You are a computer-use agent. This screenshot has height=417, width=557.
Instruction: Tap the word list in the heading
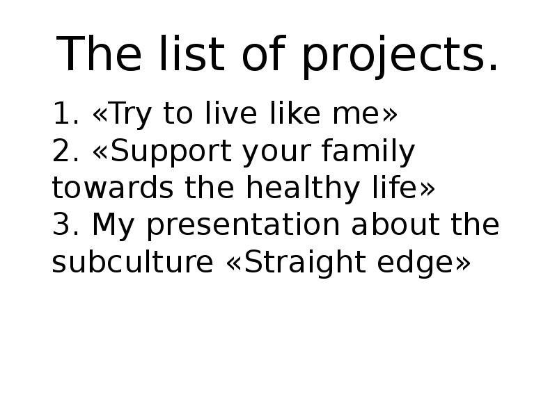pyautogui.click(x=192, y=54)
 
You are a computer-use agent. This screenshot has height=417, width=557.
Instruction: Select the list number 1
pyautogui.click(x=65, y=113)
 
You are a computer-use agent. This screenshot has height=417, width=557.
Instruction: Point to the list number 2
pyautogui.click(x=65, y=150)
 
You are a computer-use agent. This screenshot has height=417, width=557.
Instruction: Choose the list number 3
pyautogui.click(x=65, y=224)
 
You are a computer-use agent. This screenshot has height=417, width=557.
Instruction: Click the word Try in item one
pyautogui.click(x=131, y=115)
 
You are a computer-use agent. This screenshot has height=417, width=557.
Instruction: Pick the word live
pyautogui.click(x=231, y=113)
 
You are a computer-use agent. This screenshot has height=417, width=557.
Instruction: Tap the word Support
pyautogui.click(x=171, y=152)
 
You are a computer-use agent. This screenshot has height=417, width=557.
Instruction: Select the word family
pyautogui.click(x=368, y=152)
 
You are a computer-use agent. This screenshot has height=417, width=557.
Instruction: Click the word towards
pyautogui.click(x=113, y=187)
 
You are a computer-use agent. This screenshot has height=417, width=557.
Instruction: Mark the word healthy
pyautogui.click(x=303, y=189)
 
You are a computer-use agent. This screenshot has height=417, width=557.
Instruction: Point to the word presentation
pyautogui.click(x=243, y=227)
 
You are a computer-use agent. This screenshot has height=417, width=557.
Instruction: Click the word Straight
pyautogui.click(x=305, y=263)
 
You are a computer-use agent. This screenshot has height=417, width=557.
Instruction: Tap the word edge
pyautogui.click(x=415, y=263)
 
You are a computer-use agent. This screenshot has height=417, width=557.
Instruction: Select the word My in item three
pyautogui.click(x=113, y=227)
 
